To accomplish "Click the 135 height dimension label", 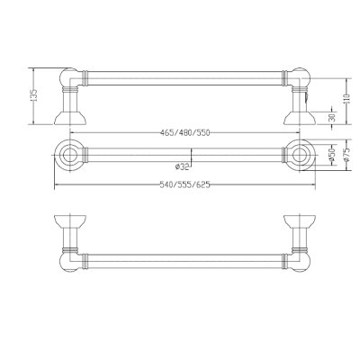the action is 34,95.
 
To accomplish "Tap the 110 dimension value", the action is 346,99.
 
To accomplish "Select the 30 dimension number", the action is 332,118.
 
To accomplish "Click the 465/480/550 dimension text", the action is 184,132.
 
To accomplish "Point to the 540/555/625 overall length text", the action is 184,184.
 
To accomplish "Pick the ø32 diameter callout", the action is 183,166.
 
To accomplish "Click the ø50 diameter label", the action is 332,156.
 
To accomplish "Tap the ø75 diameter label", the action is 346,156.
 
